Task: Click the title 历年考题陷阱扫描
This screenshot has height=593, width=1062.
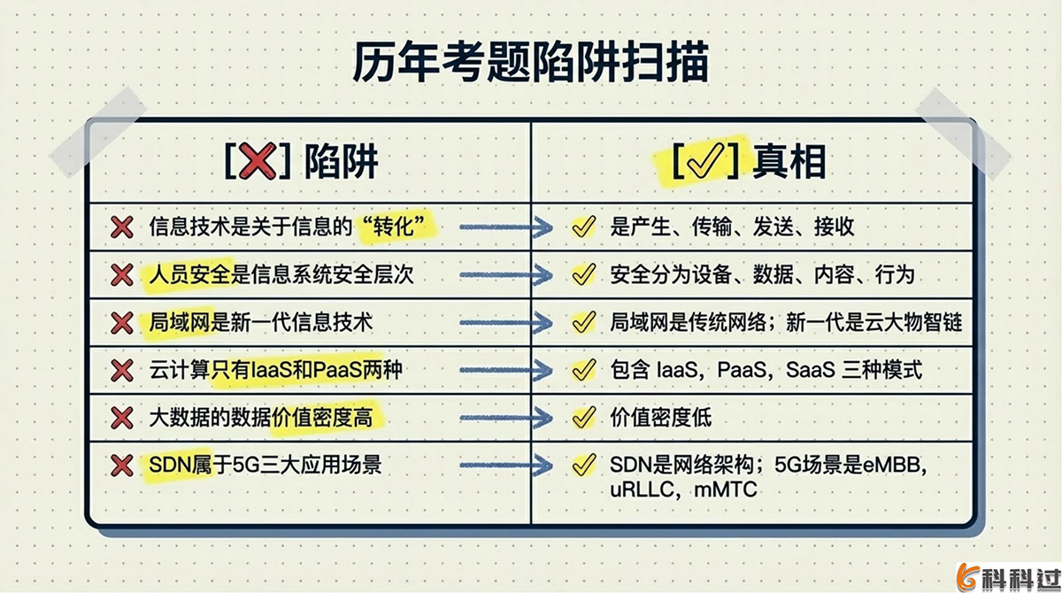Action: click(x=531, y=64)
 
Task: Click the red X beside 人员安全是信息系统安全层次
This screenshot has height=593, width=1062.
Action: click(x=121, y=276)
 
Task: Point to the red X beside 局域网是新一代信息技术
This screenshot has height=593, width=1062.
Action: click(x=121, y=323)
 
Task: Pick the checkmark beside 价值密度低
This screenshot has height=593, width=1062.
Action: click(x=582, y=416)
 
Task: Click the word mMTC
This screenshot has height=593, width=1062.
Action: click(x=727, y=489)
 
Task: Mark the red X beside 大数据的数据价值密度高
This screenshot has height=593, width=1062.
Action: click(x=121, y=417)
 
